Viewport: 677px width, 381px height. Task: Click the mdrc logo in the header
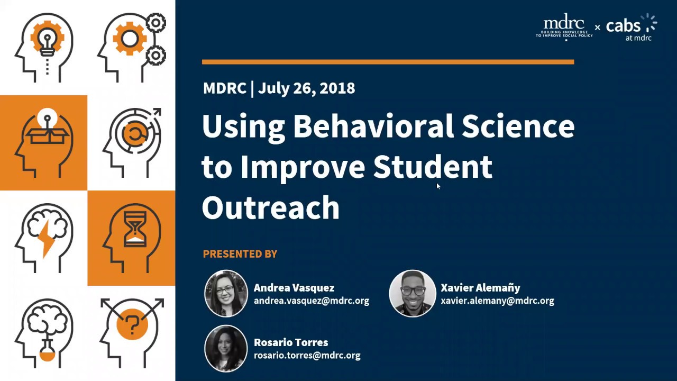[564, 26]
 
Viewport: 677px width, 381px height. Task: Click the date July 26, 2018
[306, 88]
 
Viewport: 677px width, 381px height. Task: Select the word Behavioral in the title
[373, 126]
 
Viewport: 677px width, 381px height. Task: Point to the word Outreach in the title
[270, 207]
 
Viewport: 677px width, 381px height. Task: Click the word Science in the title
[518, 126]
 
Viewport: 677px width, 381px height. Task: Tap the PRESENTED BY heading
[240, 254]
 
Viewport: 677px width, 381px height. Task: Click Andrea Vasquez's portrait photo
[226, 294]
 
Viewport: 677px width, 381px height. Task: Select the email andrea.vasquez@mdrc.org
[312, 301]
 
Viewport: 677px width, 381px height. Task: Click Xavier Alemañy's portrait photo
[413, 294]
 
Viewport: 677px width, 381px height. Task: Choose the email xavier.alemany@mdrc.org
[497, 301]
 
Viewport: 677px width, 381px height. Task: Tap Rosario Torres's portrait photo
[226, 348]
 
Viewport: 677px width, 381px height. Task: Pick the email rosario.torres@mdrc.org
[307, 356]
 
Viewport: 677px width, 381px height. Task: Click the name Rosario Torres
[291, 342]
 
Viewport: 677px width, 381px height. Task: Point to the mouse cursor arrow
[438, 186]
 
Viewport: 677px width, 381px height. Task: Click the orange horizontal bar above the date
[388, 62]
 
